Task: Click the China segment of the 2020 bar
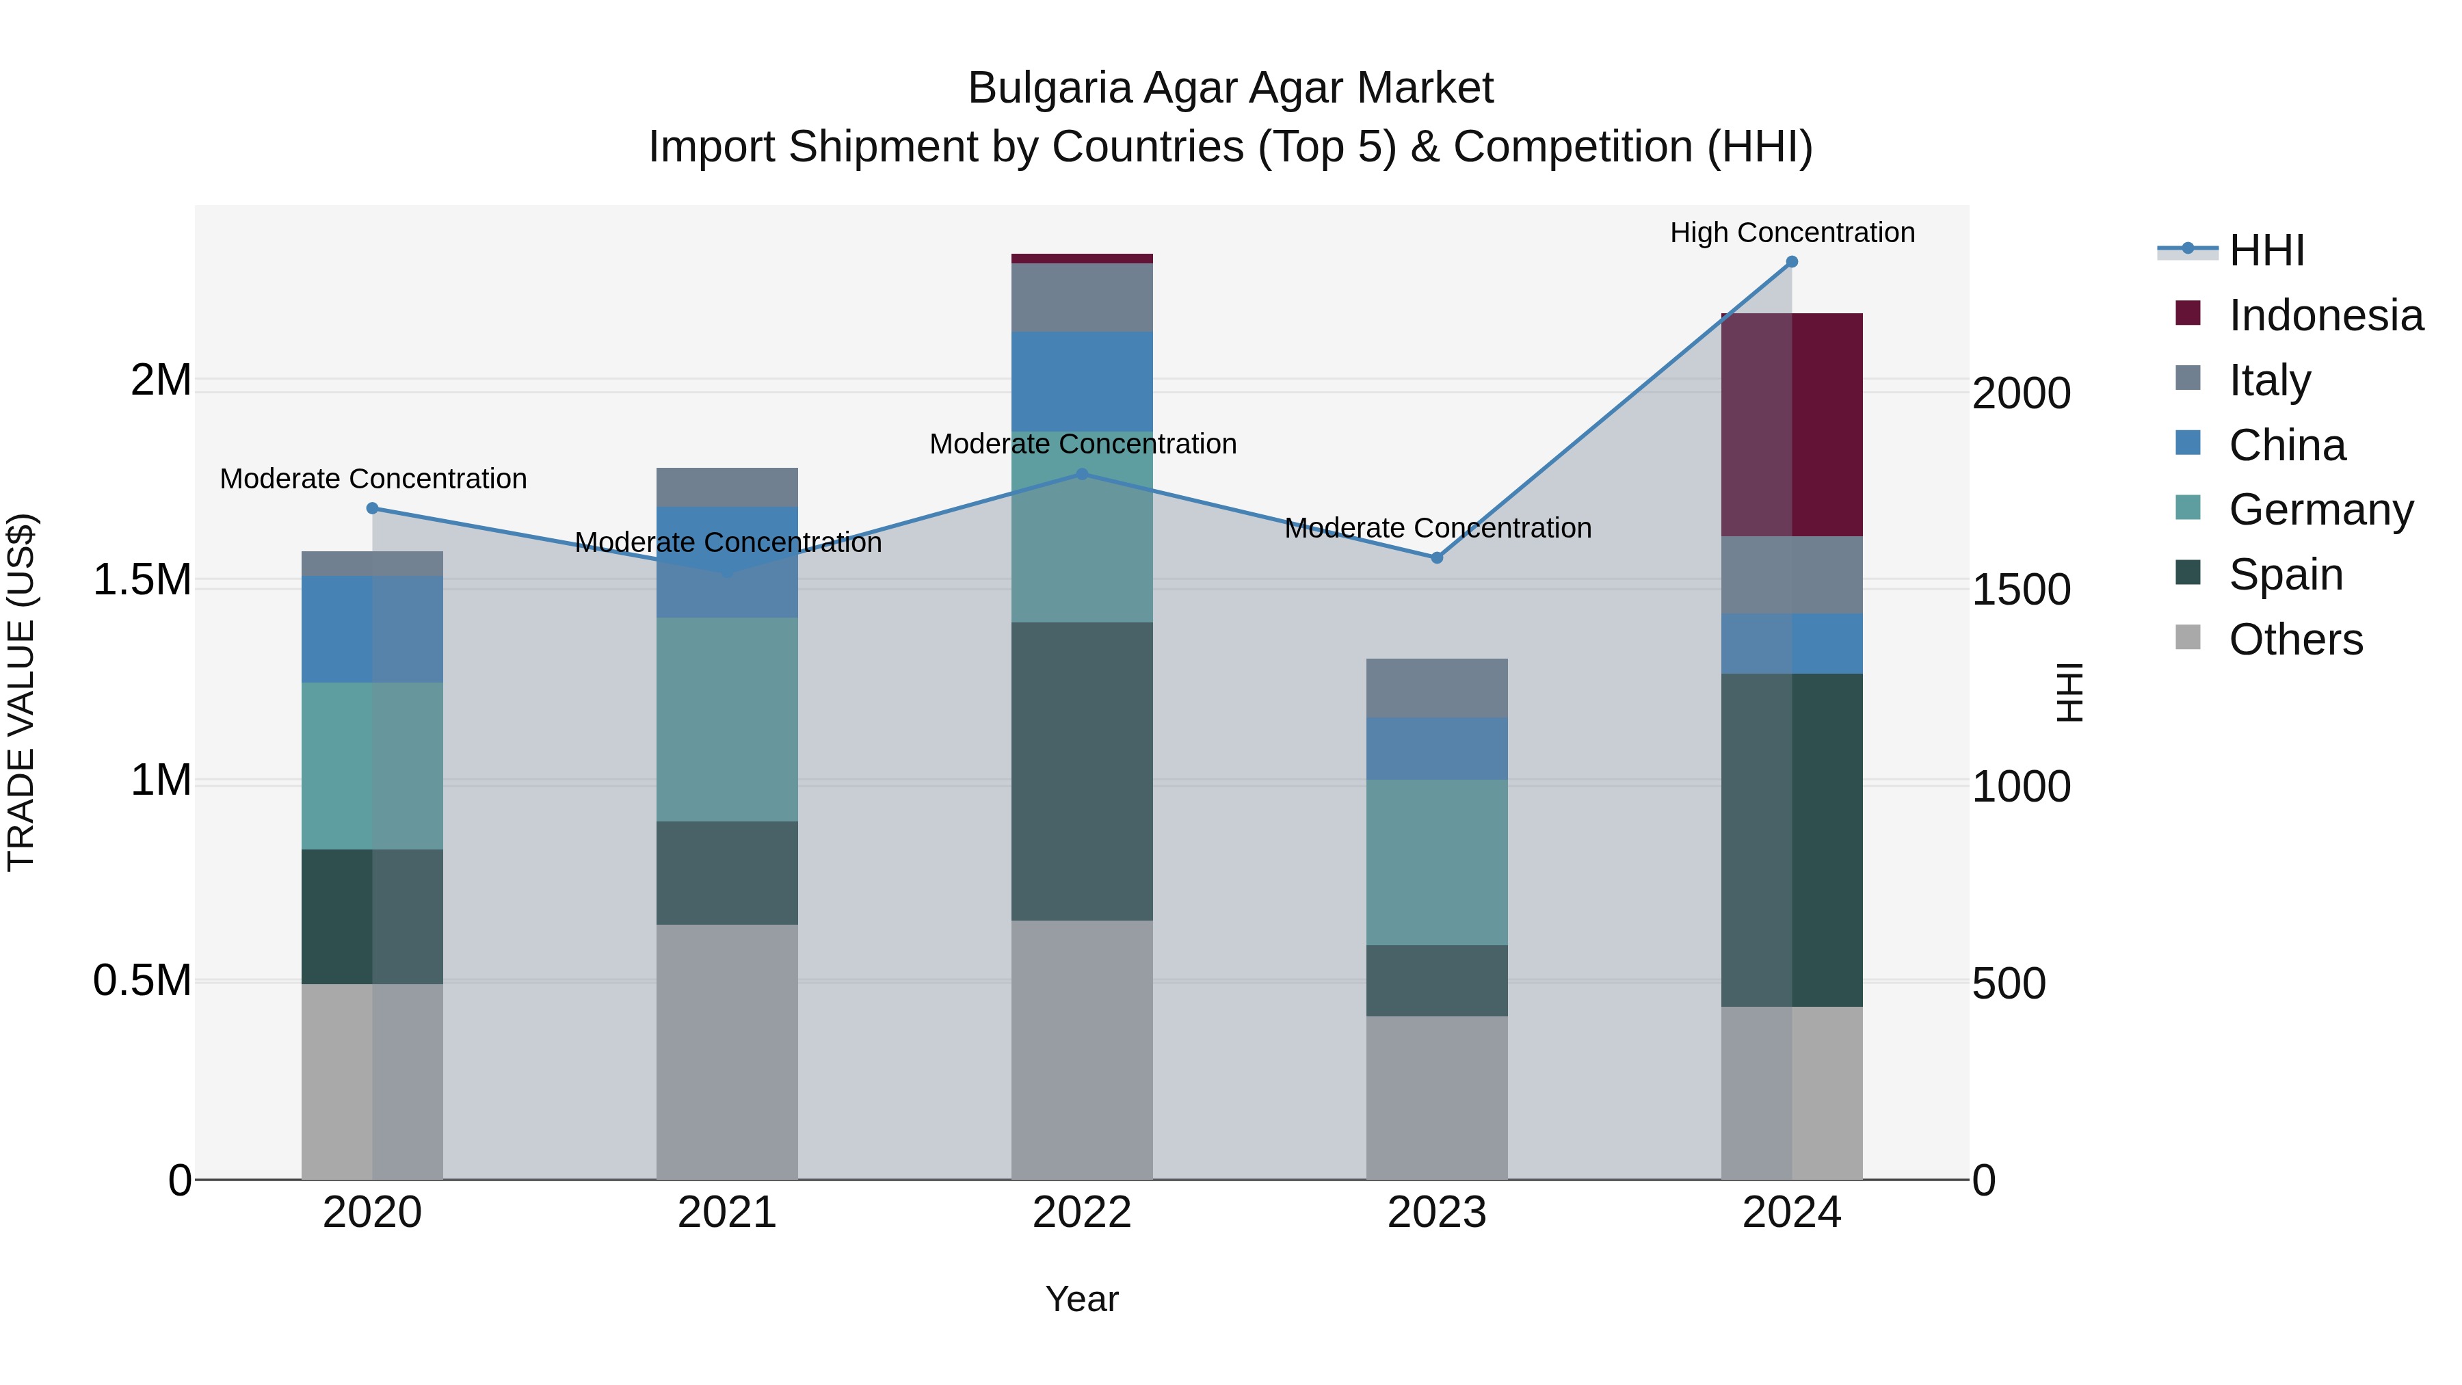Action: click(372, 629)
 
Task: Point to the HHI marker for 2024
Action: click(1791, 262)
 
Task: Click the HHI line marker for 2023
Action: click(1436, 557)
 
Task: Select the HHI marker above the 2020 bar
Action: click(372, 508)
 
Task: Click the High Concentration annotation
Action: click(1792, 233)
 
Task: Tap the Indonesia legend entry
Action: click(2325, 315)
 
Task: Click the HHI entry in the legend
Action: click(2266, 250)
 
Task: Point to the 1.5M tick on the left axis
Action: click(142, 580)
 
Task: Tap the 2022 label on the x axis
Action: click(1082, 1213)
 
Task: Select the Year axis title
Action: click(1082, 1299)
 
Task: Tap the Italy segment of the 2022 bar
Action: click(1082, 298)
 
